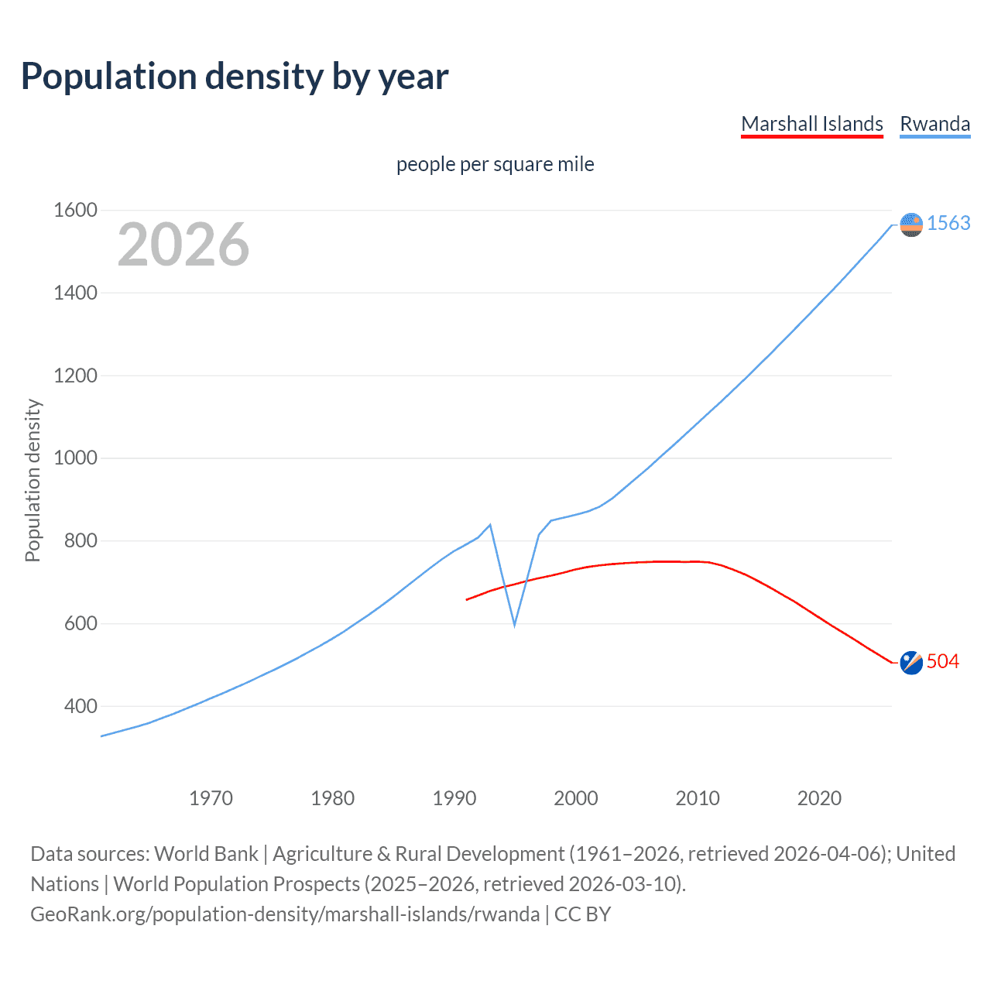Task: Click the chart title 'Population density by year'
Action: [x=235, y=77]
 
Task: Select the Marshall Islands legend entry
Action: [x=811, y=124]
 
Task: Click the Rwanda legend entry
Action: [x=934, y=124]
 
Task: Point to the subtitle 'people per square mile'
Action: [x=495, y=165]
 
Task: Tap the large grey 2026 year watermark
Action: [x=183, y=245]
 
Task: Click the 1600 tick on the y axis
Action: [x=75, y=211]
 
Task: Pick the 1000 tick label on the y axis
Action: [x=75, y=458]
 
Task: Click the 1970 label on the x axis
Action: [x=211, y=798]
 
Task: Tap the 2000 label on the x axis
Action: [x=576, y=798]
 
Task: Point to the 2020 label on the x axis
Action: [x=819, y=798]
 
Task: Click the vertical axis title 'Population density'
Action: [x=33, y=480]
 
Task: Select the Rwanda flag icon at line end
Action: [x=911, y=225]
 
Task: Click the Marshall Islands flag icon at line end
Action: [x=911, y=663]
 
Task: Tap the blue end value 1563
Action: [x=948, y=224]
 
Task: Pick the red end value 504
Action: [x=942, y=662]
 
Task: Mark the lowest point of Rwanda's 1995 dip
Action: [x=514, y=625]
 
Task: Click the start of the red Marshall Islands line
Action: [x=466, y=599]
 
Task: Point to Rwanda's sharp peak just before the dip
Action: [x=490, y=525]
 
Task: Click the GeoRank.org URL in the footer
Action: [x=285, y=914]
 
